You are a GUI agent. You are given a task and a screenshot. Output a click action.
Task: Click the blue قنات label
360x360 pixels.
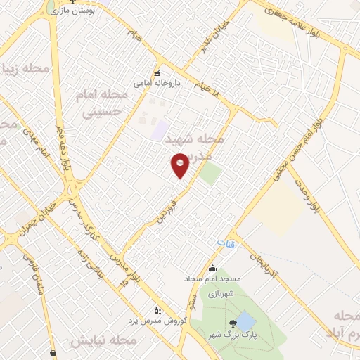point(225,243)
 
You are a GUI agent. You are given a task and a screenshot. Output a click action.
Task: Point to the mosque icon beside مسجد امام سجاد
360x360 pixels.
point(212,268)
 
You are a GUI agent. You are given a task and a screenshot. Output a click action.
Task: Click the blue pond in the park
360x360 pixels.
point(245,323)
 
